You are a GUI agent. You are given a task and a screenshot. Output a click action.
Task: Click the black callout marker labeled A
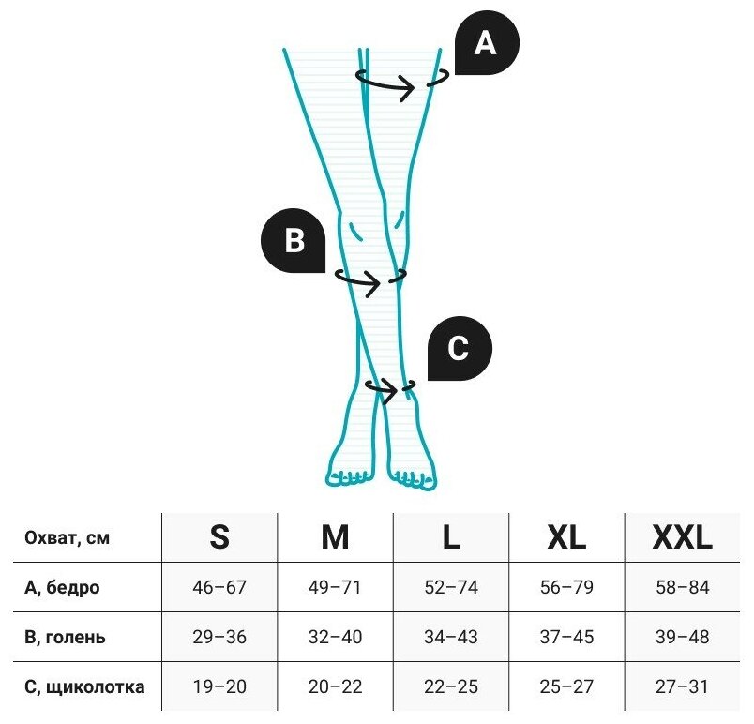(485, 43)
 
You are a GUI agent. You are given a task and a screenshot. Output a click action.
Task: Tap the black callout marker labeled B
(294, 241)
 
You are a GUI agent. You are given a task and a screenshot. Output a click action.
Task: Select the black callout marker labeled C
(459, 349)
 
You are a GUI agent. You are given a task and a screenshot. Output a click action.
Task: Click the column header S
(219, 537)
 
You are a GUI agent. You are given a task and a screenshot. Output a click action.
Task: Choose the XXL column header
(683, 537)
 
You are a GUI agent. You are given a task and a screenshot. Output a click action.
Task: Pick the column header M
(335, 537)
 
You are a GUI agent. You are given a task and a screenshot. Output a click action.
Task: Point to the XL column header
(566, 537)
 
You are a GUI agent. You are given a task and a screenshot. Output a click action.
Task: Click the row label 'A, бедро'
(62, 588)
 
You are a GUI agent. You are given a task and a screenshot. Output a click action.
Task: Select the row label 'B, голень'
(65, 638)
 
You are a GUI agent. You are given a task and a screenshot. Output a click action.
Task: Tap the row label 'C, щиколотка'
(84, 687)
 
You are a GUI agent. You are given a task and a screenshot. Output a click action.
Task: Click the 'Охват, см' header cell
(67, 538)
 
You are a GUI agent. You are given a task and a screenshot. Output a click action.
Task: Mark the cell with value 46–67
(219, 588)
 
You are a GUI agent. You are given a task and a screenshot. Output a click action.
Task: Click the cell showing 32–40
(335, 638)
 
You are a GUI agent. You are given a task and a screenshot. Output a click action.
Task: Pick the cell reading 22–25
(451, 687)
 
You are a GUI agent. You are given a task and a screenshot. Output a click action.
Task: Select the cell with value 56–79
(566, 588)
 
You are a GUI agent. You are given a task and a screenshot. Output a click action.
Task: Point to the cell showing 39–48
(683, 638)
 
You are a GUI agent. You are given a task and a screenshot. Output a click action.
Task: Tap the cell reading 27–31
(683, 687)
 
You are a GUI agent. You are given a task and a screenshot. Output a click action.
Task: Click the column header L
(451, 537)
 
